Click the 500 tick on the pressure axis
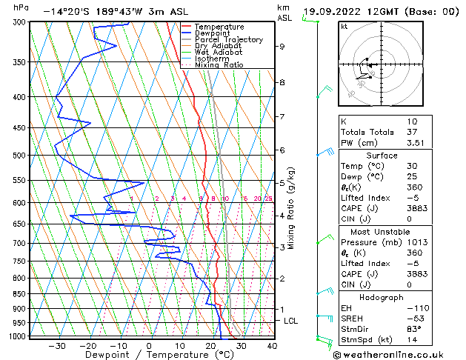point(21,156)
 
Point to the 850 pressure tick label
point(21,294)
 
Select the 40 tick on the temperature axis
point(272,346)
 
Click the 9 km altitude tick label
point(282,47)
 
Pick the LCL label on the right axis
point(291,321)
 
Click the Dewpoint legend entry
point(210,33)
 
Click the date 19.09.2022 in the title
point(335,12)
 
